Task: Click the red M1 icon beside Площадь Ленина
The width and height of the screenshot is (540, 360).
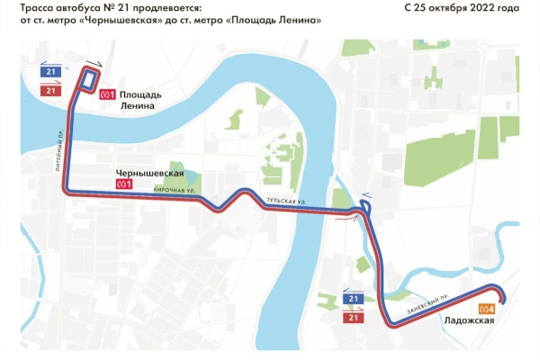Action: tap(108, 91)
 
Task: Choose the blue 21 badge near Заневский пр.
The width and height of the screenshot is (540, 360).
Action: tap(354, 298)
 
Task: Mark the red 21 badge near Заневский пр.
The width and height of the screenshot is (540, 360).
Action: tap(354, 318)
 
